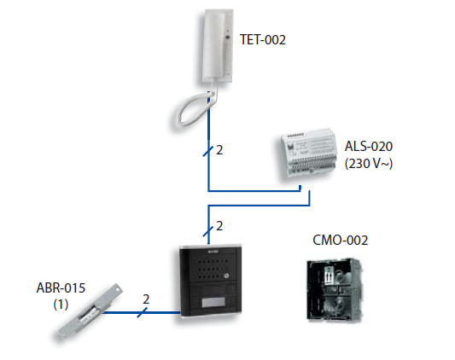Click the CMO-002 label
click(341, 240)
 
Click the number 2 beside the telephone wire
click(219, 150)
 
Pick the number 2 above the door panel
click(219, 226)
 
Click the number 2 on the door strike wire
click(146, 299)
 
